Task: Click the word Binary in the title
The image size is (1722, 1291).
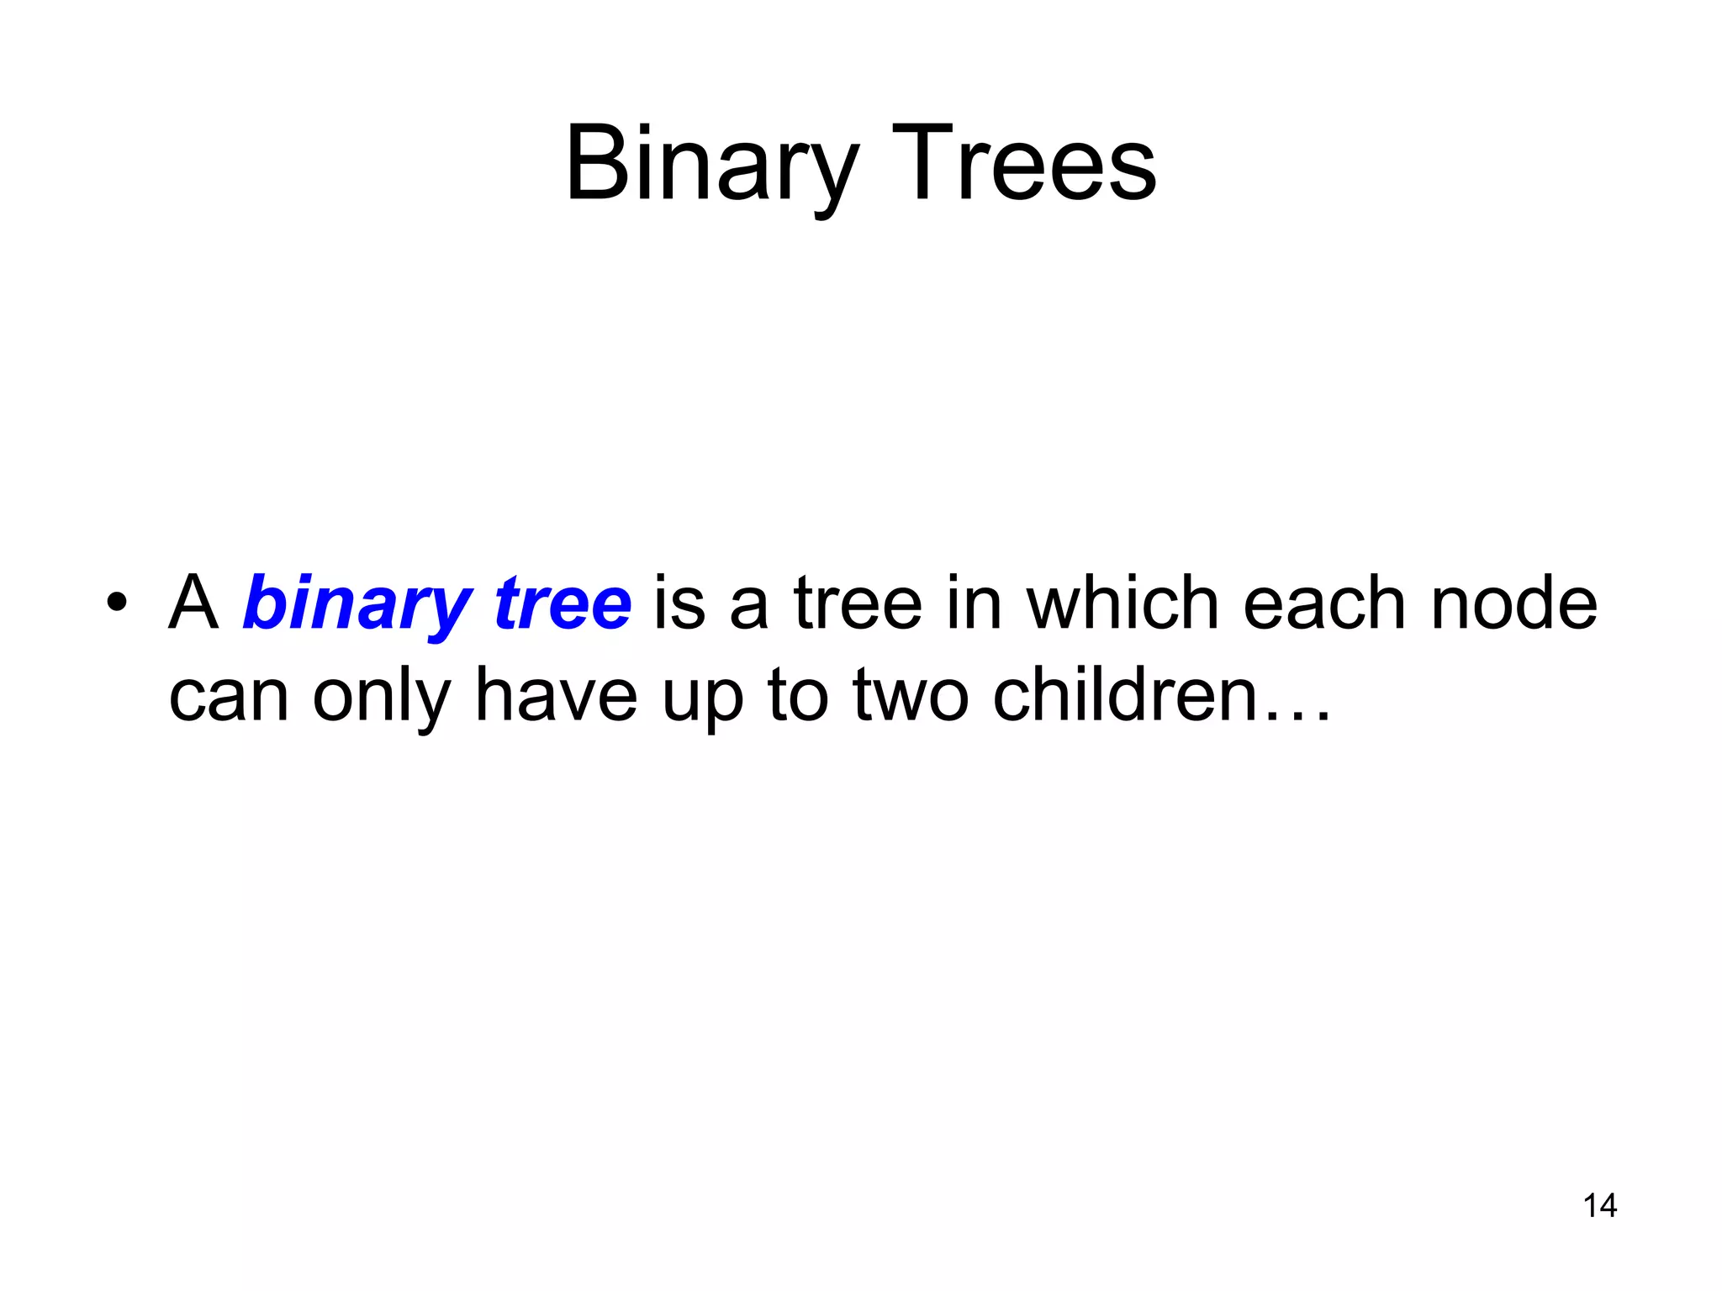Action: (x=711, y=164)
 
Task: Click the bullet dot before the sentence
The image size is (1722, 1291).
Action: (x=117, y=603)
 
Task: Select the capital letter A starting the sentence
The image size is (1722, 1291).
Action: (x=194, y=603)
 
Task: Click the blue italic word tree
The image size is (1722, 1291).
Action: (x=563, y=603)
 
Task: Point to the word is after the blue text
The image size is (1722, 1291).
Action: (x=679, y=603)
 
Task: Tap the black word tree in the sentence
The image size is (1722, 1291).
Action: (x=858, y=603)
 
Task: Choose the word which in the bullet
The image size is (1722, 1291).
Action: (x=1122, y=603)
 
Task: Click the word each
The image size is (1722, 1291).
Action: (x=1325, y=603)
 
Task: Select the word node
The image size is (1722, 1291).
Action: (x=1513, y=603)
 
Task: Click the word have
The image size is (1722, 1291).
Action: (x=556, y=695)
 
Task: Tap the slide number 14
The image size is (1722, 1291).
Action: (x=1599, y=1205)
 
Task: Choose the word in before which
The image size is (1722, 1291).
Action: (x=974, y=603)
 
